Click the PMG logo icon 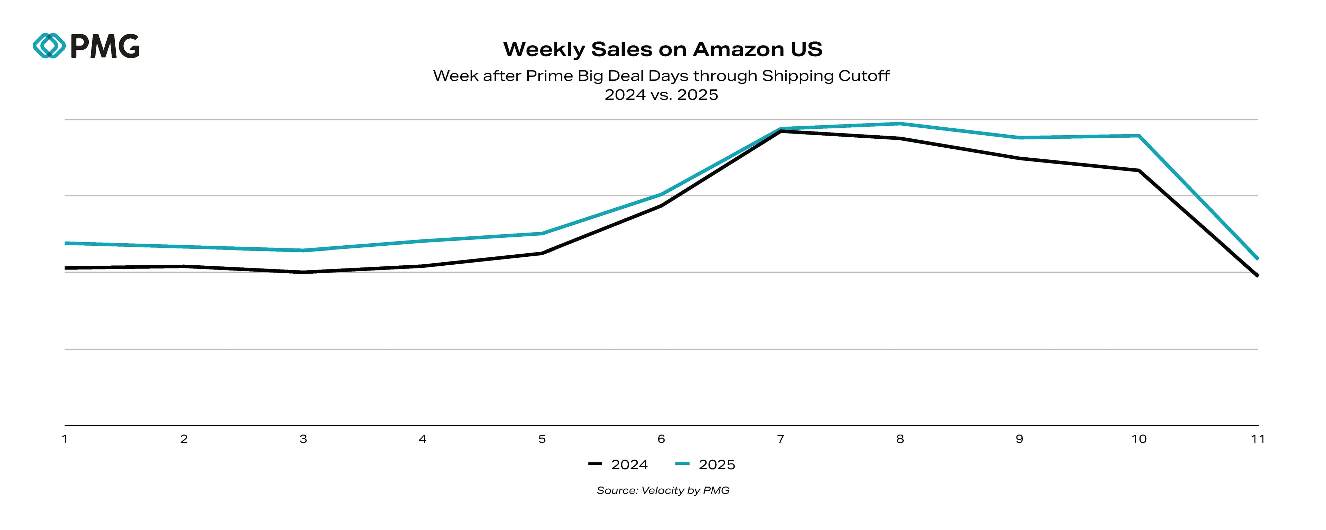click(49, 46)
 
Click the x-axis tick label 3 click(303, 439)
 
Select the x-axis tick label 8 click(900, 439)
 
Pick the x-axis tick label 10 click(1138, 439)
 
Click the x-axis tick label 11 click(1258, 439)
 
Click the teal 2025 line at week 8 click(900, 124)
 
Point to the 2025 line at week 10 click(1138, 136)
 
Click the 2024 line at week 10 click(1138, 170)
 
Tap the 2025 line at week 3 click(303, 251)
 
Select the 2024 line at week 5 click(542, 253)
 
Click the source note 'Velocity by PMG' click(685, 490)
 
